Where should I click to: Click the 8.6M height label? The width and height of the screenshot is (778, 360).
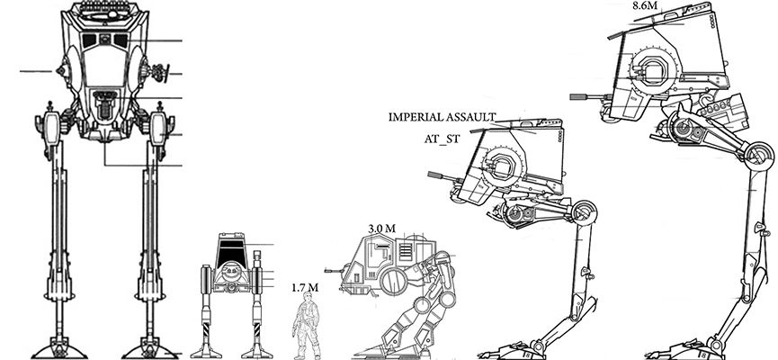[644, 6]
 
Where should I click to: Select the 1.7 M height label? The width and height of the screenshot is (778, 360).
[304, 288]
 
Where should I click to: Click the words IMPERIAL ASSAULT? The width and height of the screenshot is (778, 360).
[441, 117]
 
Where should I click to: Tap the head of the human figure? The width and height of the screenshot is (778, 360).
[307, 303]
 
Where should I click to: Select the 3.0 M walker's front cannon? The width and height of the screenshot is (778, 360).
[334, 268]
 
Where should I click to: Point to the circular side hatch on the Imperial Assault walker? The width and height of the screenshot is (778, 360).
[500, 167]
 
